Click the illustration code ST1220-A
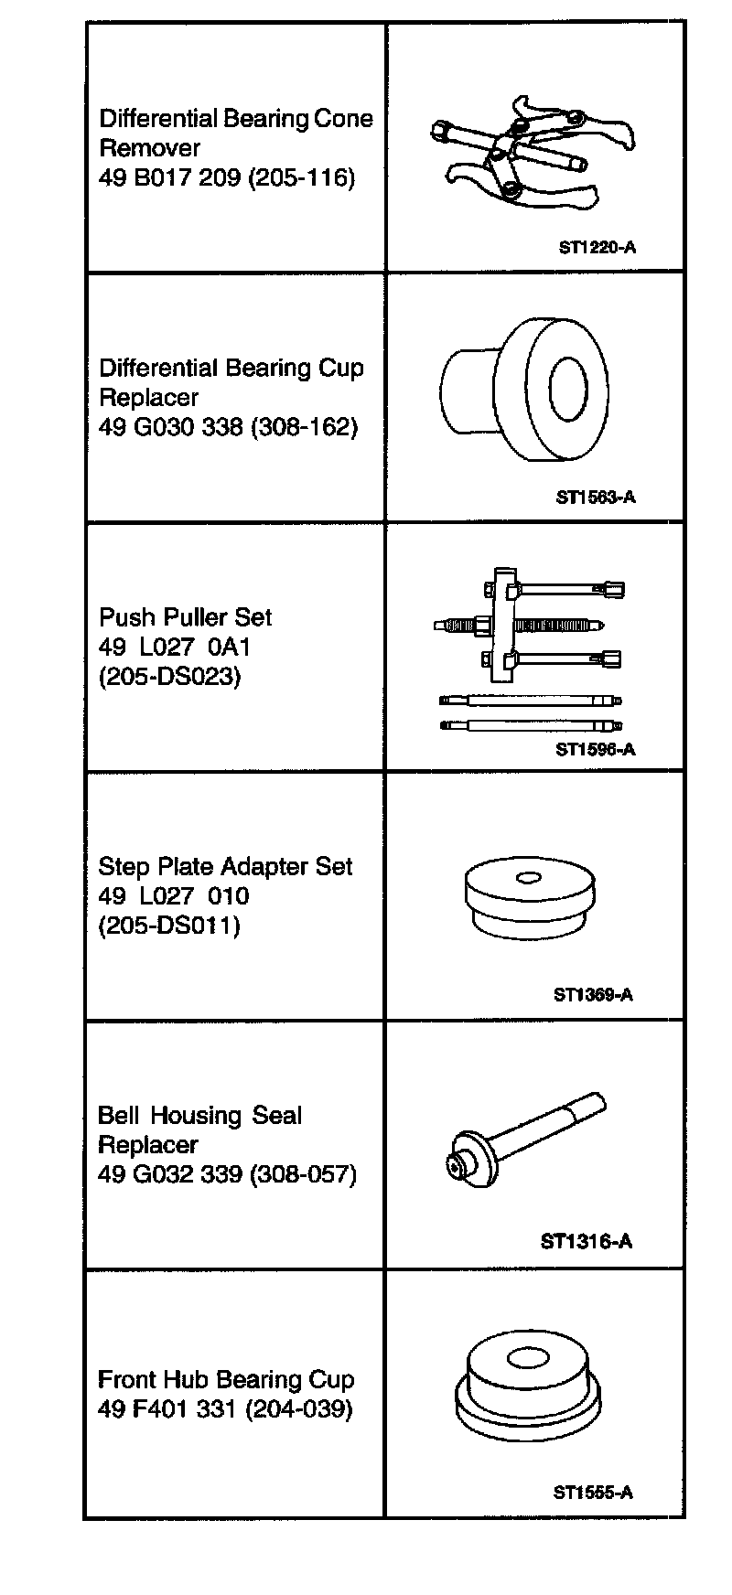click(x=597, y=246)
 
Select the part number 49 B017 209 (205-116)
click(x=226, y=177)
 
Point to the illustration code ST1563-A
click(x=596, y=498)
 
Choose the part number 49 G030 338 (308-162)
click(x=228, y=426)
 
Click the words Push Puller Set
click(x=185, y=617)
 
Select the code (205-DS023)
click(x=169, y=677)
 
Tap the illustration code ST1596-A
click(x=595, y=749)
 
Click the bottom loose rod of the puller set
click(x=531, y=725)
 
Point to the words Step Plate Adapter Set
click(x=225, y=866)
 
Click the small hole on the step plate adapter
click(x=528, y=879)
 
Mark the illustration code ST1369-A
click(x=593, y=994)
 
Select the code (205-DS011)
click(x=169, y=926)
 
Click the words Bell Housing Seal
click(x=199, y=1116)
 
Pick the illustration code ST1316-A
click(x=587, y=1241)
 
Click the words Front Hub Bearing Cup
click(x=226, y=1379)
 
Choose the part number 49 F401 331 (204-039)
click(x=225, y=1408)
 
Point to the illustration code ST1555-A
click(x=593, y=1493)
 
